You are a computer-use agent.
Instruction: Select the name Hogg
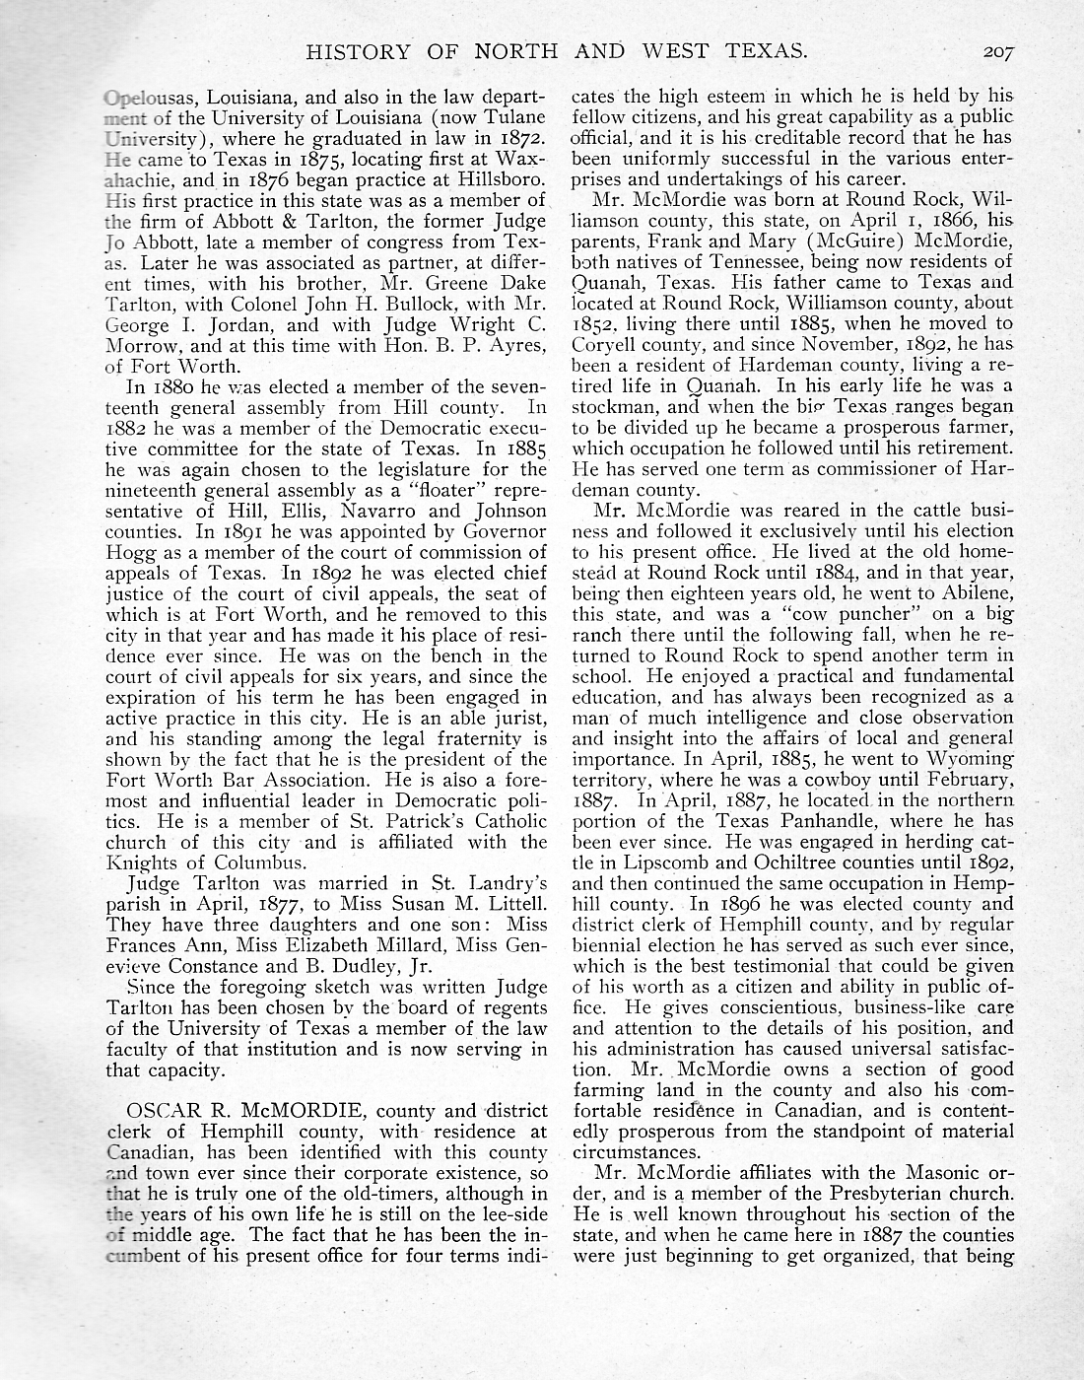pos(128,552)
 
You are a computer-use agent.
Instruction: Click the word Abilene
pos(973,592)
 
